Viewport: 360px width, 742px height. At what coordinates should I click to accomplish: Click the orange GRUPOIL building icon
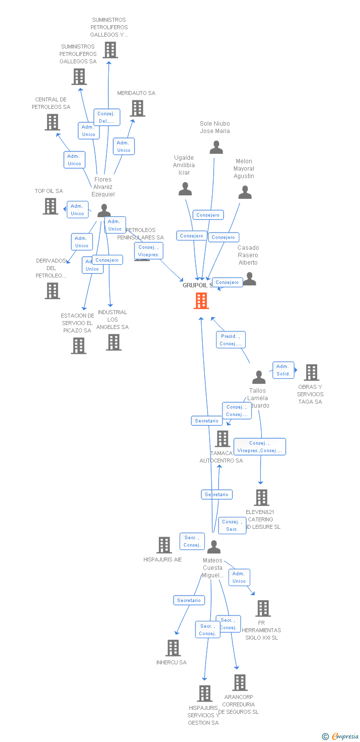pos(201,301)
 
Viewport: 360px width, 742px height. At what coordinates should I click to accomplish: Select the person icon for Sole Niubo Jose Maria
pos(216,147)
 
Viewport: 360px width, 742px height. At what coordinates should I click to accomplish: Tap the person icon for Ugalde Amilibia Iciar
pos(185,189)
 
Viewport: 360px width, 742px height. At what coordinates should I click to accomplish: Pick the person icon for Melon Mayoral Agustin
pos(245,192)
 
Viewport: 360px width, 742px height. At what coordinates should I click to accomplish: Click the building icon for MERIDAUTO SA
pos(137,108)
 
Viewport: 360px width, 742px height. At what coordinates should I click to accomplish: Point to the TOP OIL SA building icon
pos(50,206)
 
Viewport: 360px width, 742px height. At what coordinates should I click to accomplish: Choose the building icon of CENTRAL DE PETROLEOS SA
pos(52,122)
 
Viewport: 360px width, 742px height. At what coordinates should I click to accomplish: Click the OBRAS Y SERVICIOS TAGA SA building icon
pos(311,372)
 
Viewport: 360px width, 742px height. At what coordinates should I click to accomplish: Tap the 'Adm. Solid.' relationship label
pos(283,370)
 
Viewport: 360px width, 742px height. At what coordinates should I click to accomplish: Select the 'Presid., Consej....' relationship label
pos(230,340)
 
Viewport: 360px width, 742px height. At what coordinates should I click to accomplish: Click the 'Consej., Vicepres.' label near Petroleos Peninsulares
pos(148,251)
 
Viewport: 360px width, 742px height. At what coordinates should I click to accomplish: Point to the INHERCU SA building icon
pos(173,648)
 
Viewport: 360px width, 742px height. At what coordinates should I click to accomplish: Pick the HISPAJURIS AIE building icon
pos(164,545)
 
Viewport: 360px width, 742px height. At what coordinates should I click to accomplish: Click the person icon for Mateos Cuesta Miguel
pos(214,547)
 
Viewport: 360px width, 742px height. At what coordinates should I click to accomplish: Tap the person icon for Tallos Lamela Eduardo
pos(259,377)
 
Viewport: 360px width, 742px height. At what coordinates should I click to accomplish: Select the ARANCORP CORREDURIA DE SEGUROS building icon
pos(240,683)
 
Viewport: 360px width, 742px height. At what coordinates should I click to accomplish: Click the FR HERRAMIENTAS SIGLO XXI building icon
pos(263,608)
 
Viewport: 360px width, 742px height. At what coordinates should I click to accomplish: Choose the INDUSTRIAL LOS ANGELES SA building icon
pos(114,342)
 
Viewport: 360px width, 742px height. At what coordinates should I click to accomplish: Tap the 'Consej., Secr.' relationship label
pos(232,525)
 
